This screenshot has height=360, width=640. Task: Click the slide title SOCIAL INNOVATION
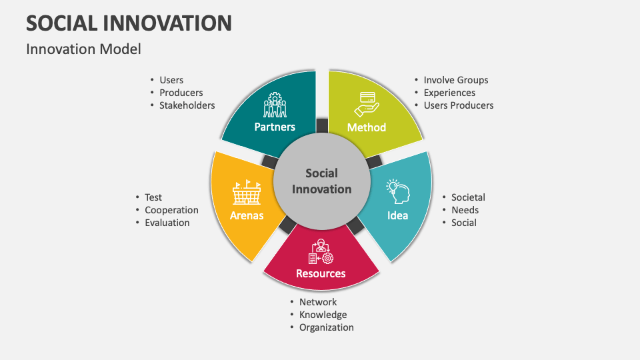tap(129, 23)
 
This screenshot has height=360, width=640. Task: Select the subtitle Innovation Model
tap(83, 49)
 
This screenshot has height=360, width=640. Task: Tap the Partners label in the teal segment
tap(275, 127)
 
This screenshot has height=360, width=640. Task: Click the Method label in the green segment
tap(367, 127)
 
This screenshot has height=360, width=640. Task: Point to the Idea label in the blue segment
tap(398, 215)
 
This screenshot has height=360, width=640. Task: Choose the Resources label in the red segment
tap(321, 273)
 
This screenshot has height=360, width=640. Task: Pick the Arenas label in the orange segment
tap(247, 215)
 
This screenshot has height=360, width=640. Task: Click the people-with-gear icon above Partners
tap(275, 105)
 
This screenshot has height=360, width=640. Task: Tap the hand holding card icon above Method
tap(367, 104)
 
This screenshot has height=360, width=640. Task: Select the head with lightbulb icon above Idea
tap(398, 192)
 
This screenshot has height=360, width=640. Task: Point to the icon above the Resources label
tap(321, 251)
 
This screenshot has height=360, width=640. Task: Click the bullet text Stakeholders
tap(187, 105)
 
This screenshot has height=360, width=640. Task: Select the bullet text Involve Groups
tap(456, 80)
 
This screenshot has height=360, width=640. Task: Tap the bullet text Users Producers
tap(459, 105)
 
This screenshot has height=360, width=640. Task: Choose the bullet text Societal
tap(468, 197)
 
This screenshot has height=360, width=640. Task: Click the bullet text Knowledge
tap(323, 315)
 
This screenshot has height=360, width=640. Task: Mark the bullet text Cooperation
tap(171, 210)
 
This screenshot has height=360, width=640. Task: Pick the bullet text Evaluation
tap(167, 223)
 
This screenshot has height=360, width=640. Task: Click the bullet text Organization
tap(326, 327)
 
